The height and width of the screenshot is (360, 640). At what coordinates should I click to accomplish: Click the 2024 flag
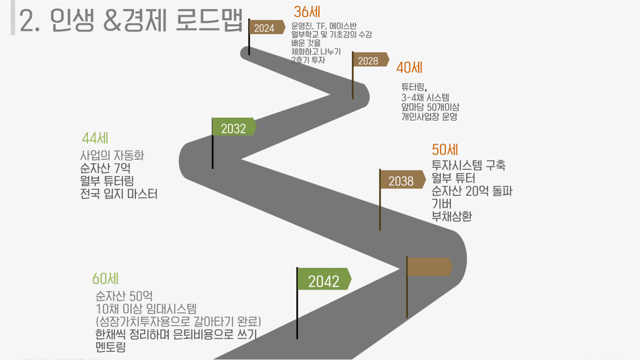click(267, 27)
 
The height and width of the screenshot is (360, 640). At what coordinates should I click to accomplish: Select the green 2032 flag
click(234, 126)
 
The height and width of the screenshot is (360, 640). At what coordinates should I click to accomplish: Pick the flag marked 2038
click(402, 179)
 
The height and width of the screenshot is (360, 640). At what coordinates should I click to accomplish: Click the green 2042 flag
click(324, 279)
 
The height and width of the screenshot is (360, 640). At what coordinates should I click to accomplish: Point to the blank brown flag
click(430, 266)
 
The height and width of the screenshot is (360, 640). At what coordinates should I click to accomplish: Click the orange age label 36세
click(307, 12)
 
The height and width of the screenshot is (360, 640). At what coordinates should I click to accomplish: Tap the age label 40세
click(409, 68)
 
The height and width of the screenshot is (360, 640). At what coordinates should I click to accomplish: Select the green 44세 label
click(95, 138)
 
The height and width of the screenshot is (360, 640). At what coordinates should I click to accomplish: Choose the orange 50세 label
click(445, 150)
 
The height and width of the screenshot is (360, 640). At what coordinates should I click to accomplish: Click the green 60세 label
click(106, 279)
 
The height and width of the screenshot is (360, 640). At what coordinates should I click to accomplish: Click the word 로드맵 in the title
click(209, 20)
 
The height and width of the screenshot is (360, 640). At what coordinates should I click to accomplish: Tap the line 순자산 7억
click(105, 168)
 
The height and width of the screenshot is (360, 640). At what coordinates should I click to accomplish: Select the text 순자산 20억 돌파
click(472, 191)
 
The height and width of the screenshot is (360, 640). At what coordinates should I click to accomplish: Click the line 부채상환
click(452, 216)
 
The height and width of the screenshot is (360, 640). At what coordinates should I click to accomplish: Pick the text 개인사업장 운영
click(429, 117)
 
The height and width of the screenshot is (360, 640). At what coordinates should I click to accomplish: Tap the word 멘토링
click(111, 347)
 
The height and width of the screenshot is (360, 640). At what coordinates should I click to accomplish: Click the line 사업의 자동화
click(112, 155)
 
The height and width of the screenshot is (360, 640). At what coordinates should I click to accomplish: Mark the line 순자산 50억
click(124, 296)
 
